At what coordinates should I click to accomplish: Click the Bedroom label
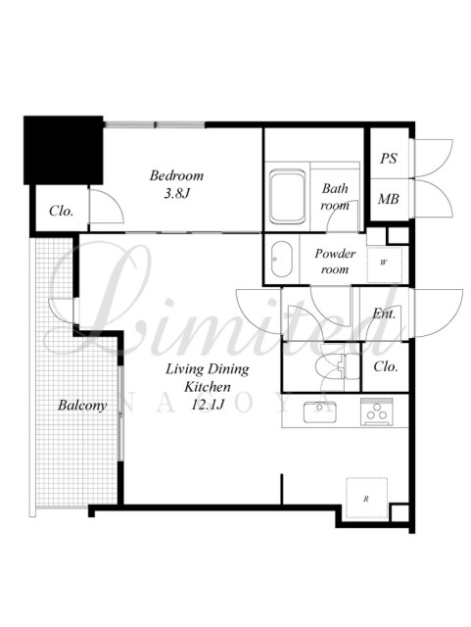pos(176,175)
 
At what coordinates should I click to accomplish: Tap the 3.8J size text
pos(176,194)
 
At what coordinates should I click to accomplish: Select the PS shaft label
pos(388,159)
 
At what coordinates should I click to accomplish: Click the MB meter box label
pos(388,198)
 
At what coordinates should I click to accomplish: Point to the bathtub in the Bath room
pos(288,197)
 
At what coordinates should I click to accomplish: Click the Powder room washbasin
pos(281,259)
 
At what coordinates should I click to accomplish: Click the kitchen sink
pos(319,411)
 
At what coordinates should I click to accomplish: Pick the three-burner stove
pos(376,411)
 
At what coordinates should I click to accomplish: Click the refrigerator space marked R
pos(366,499)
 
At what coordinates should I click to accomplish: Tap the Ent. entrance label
pos(384,313)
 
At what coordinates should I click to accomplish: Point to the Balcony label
pos(82,406)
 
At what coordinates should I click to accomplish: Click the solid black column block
pos(64,150)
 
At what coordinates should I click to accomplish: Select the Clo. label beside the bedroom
pos(61,211)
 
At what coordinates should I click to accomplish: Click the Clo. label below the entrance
pos(386,366)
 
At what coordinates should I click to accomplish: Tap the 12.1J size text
pos(208,405)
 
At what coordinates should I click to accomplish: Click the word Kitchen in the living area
pos(208,387)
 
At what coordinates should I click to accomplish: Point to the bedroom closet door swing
pos(106,206)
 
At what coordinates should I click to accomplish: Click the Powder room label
pos(335,262)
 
